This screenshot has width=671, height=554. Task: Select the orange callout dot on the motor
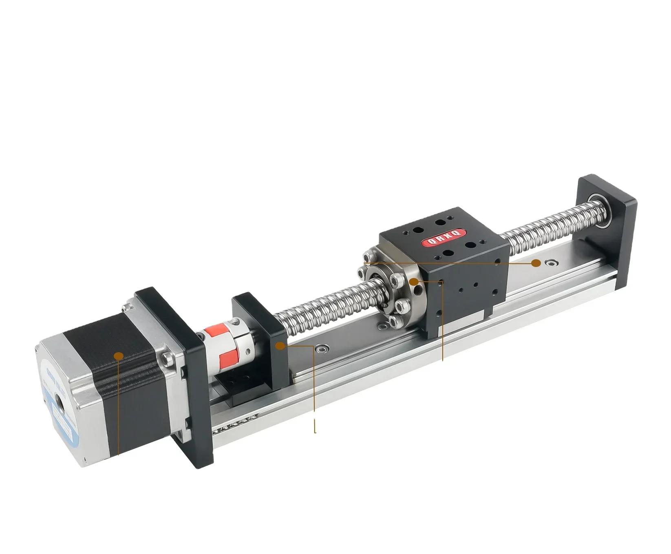pyautogui.click(x=119, y=356)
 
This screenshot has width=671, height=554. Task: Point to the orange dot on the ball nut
pyautogui.click(x=414, y=281)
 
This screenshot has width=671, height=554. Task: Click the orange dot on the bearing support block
pyautogui.click(x=280, y=346)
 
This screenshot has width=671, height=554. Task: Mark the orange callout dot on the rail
pyautogui.click(x=536, y=263)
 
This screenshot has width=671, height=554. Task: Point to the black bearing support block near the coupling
pyautogui.click(x=261, y=351)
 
